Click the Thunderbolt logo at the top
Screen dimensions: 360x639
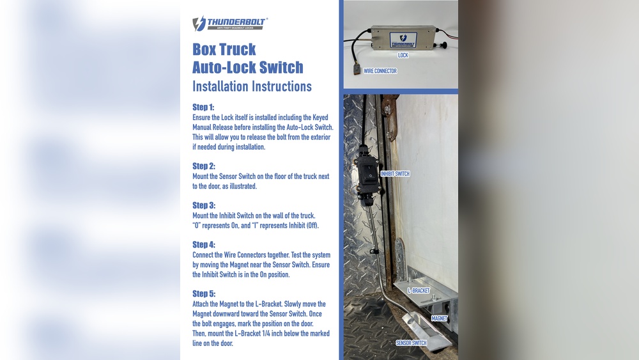click(230, 24)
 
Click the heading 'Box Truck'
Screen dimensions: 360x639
click(224, 50)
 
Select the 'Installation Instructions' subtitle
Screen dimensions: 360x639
click(252, 86)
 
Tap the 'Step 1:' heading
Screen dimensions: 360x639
click(203, 107)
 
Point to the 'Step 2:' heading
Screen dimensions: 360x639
click(204, 166)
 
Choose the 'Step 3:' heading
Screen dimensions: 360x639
click(204, 205)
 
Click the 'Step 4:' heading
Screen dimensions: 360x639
click(204, 245)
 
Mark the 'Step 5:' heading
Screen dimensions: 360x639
click(204, 293)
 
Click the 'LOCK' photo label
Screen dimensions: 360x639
click(403, 56)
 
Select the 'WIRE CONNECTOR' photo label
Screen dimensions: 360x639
click(380, 71)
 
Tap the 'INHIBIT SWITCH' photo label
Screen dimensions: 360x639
click(395, 174)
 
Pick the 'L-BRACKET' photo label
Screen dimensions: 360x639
click(419, 290)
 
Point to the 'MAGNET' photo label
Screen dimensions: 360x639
click(439, 318)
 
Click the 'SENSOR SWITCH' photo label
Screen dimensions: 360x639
click(411, 343)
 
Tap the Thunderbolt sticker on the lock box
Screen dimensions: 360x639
click(403, 40)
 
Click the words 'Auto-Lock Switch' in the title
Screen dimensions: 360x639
click(248, 67)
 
